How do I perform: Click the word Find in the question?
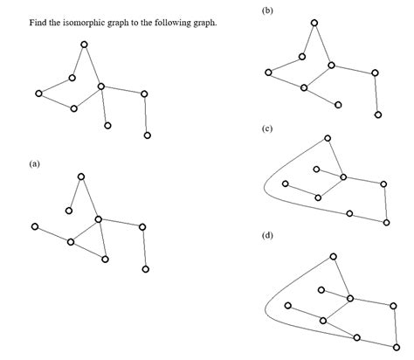click(x=38, y=22)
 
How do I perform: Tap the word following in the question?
click(x=174, y=22)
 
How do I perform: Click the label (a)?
click(x=34, y=163)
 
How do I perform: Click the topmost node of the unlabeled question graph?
click(x=84, y=44)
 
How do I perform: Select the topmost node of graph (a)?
click(x=81, y=177)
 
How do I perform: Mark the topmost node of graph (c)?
click(x=328, y=138)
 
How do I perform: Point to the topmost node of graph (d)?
click(x=334, y=256)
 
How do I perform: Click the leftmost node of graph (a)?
click(x=34, y=227)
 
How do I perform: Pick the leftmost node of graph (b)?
click(x=268, y=72)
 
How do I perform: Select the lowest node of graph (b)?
click(x=377, y=114)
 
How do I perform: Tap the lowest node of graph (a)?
click(x=145, y=269)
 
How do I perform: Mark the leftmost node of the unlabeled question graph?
click(x=38, y=93)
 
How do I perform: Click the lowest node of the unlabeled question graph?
click(x=147, y=135)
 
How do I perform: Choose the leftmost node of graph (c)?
click(x=286, y=183)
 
